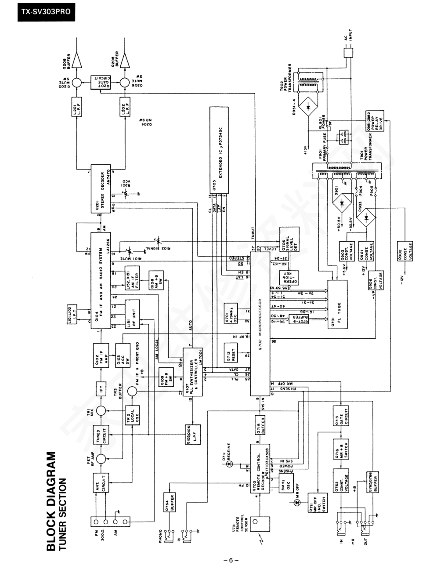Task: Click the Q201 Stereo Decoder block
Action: click(x=100, y=189)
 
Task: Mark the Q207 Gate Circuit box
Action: click(x=100, y=83)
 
